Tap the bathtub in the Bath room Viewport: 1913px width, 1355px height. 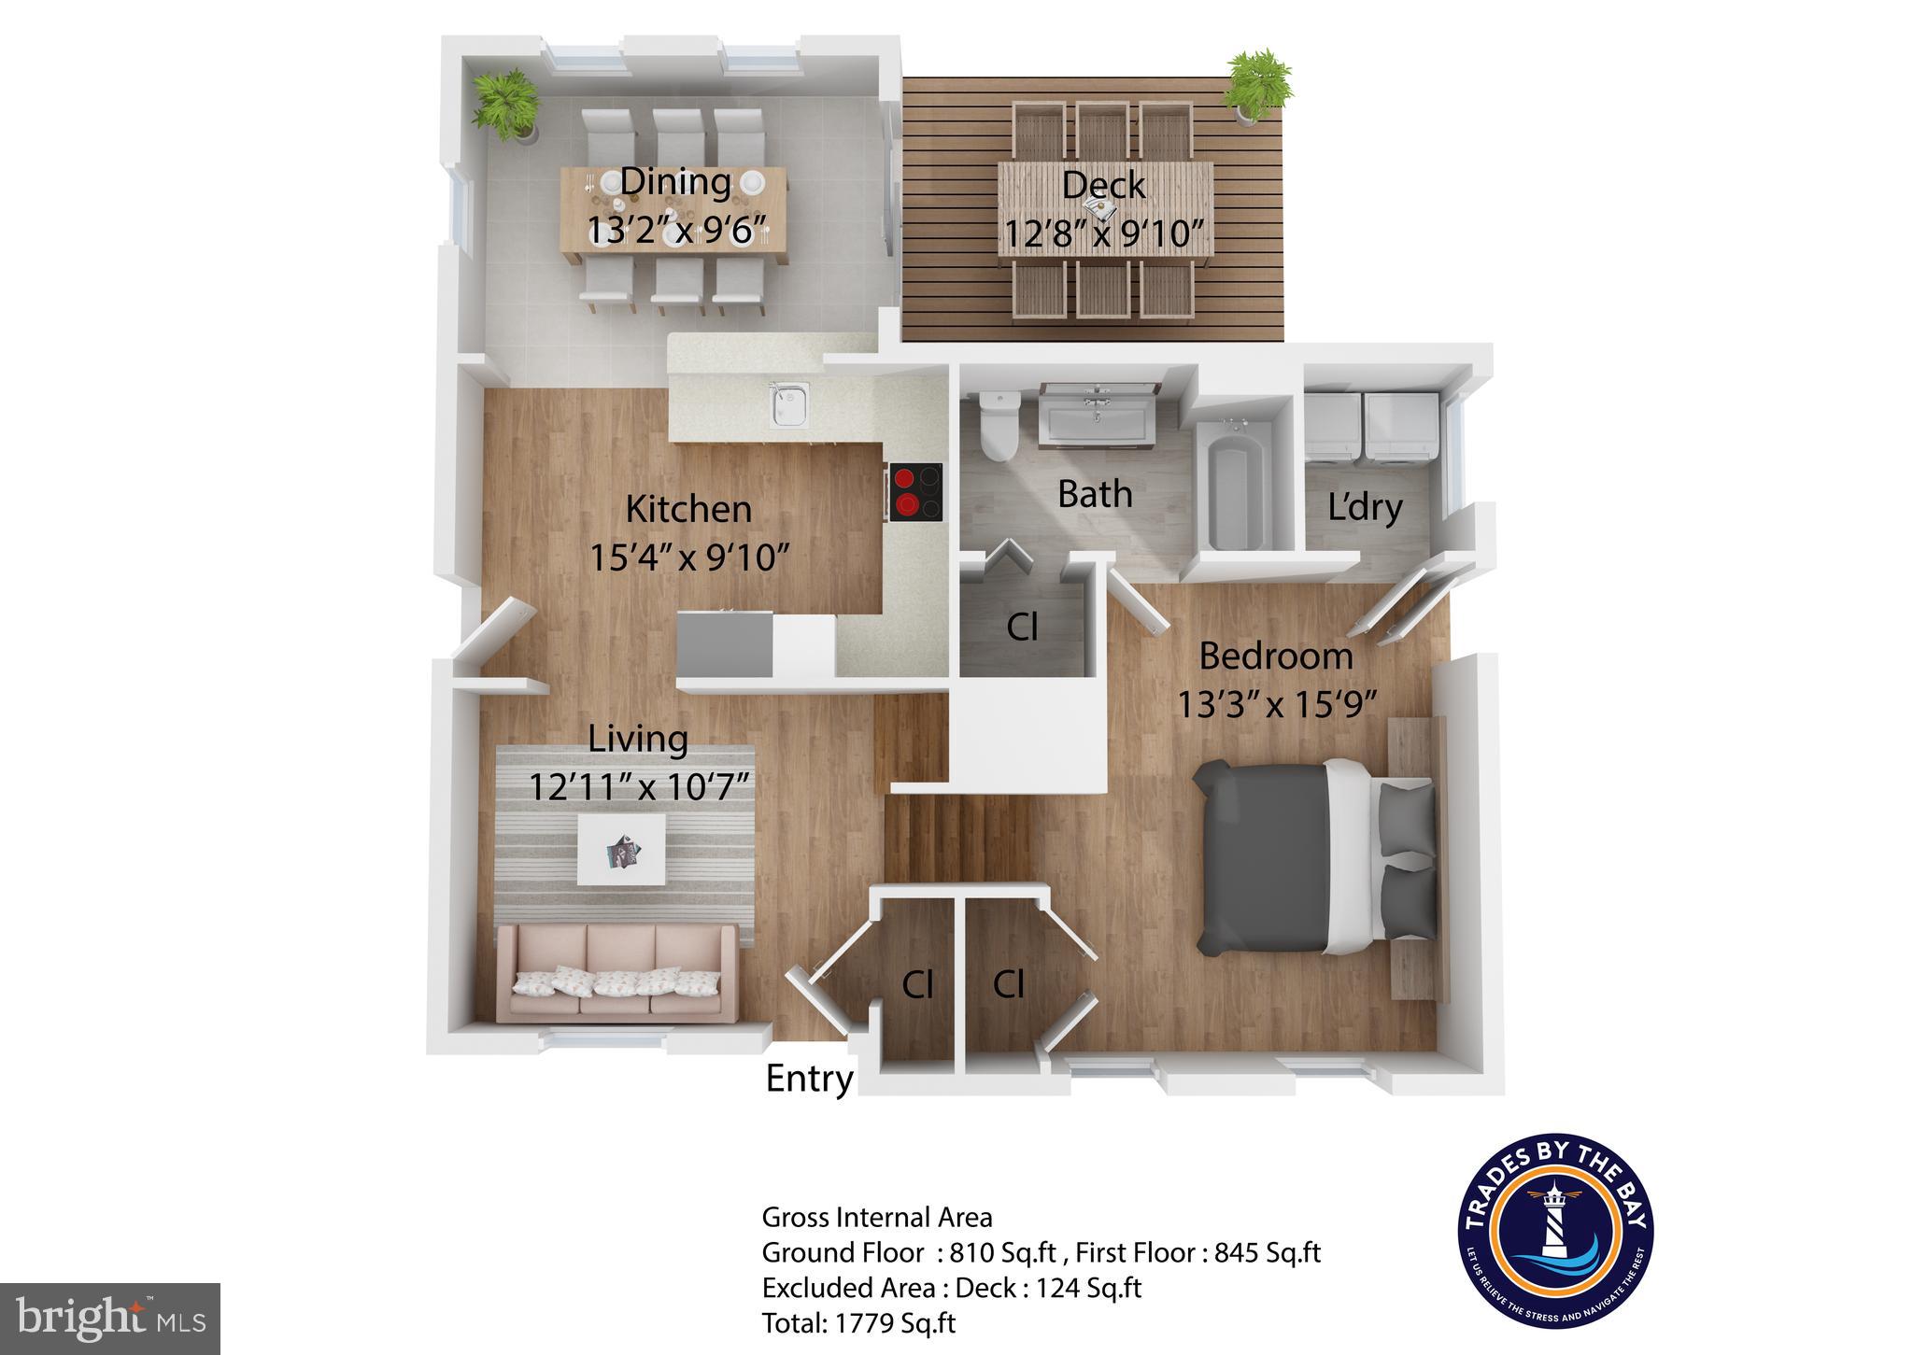coord(1236,487)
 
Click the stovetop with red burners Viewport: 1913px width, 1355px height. coord(915,492)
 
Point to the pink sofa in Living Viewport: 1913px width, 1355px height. coord(616,973)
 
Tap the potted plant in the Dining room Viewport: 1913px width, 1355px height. coord(506,103)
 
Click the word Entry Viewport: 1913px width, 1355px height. coord(809,1079)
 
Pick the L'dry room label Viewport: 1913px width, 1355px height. coord(1365,507)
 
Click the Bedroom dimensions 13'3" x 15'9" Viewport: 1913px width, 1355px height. coord(1276,704)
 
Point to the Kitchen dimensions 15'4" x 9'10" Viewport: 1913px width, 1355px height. coord(689,558)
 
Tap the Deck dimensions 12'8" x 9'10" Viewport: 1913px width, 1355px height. coord(1102,233)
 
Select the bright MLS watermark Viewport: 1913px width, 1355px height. coord(110,1319)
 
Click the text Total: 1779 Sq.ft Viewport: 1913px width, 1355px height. coord(858,1323)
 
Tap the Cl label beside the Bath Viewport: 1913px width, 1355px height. coord(1022,628)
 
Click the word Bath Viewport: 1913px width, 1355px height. coord(1095,494)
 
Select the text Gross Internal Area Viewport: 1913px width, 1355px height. coord(877,1218)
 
